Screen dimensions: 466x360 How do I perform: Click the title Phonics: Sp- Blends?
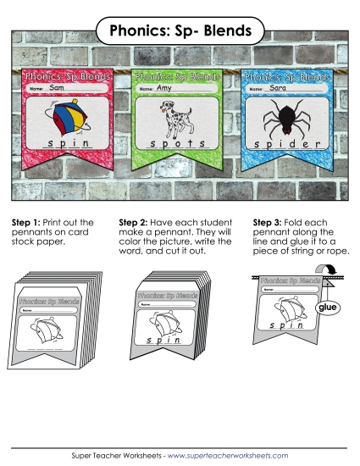point(180,31)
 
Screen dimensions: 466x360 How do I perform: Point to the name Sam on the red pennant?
point(57,87)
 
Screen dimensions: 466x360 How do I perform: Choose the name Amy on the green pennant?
point(163,87)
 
